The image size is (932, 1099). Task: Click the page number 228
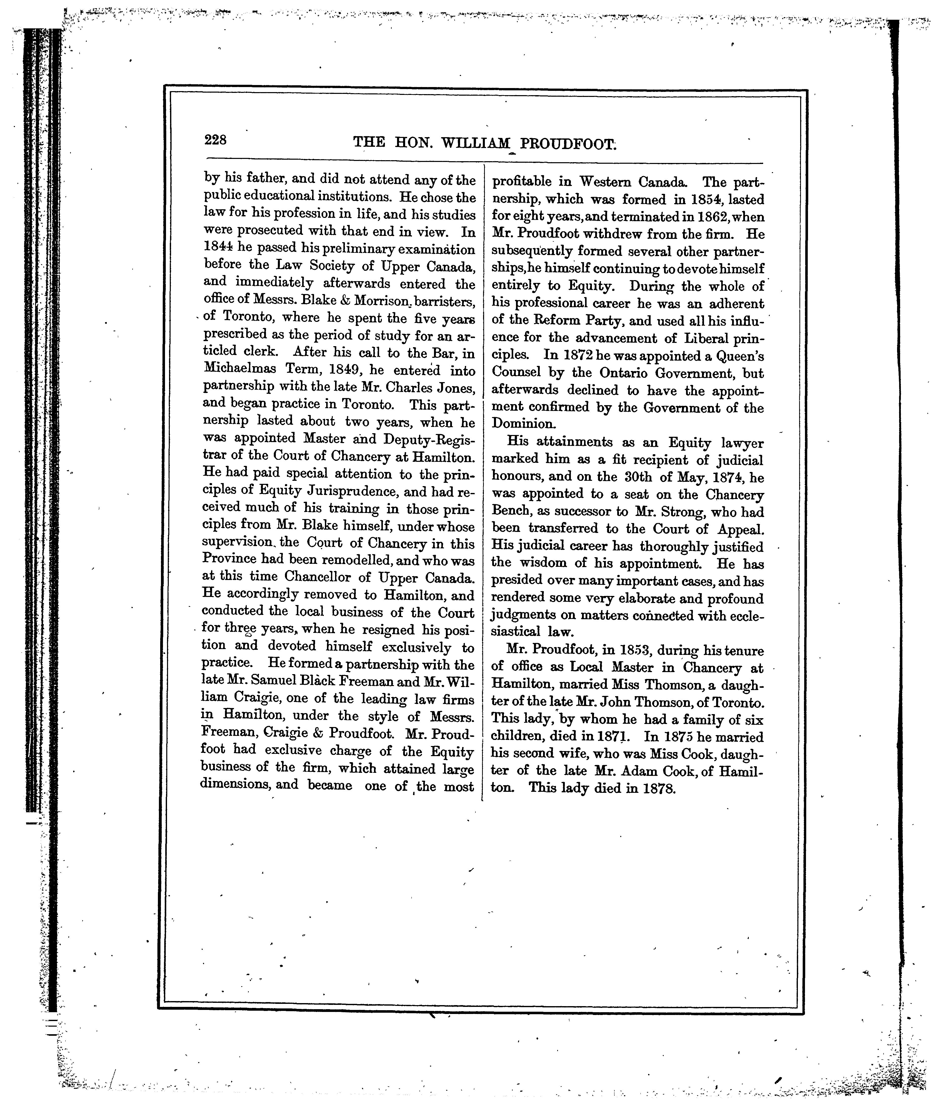click(216, 140)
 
